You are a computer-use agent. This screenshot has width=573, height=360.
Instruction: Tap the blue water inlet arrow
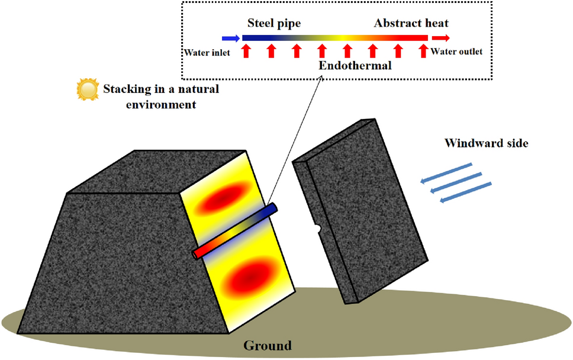pos(230,38)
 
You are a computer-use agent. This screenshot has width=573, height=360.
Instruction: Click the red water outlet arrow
pos(440,38)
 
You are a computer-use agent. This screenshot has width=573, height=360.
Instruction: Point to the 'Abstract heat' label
pos(411,24)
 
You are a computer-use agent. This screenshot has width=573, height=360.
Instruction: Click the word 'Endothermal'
pos(355,65)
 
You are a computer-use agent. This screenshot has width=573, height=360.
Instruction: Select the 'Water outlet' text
pos(456,52)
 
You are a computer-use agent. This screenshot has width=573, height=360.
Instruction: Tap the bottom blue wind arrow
pos(466,193)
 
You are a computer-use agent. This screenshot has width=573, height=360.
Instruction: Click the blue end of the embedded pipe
pos(272,210)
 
